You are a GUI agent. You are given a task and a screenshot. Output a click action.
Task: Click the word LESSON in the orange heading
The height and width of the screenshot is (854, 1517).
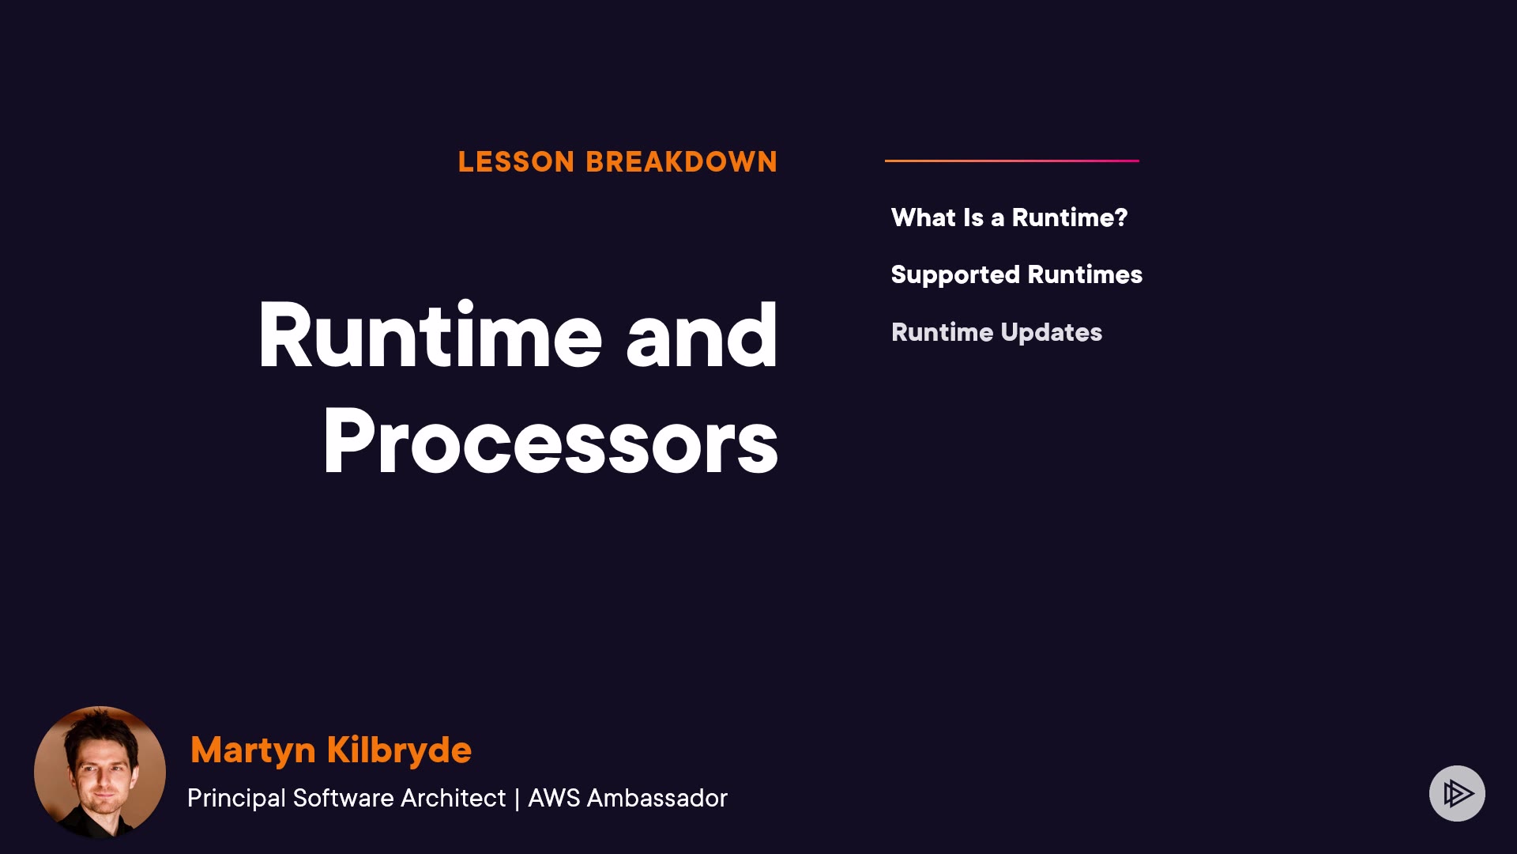click(x=516, y=162)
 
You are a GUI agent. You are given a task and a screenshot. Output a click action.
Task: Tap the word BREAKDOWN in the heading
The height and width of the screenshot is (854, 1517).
click(x=681, y=162)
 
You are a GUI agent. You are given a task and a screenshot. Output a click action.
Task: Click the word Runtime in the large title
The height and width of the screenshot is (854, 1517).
click(x=431, y=335)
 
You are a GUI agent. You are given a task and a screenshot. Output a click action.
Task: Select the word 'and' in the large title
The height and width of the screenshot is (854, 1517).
click(x=702, y=335)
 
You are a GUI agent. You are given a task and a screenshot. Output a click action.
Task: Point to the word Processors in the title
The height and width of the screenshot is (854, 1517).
click(x=551, y=440)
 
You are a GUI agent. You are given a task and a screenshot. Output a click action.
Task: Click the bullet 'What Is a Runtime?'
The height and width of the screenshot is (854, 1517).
click(x=1009, y=217)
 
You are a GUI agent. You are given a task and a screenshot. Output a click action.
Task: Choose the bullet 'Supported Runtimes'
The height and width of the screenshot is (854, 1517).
click(x=1017, y=274)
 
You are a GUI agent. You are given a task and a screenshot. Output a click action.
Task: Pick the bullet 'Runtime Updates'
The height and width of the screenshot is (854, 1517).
click(x=996, y=332)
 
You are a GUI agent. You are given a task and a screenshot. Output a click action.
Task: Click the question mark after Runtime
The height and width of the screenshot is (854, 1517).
click(x=1120, y=217)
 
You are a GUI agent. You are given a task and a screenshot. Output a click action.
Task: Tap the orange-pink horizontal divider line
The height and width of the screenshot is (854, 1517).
click(x=1012, y=161)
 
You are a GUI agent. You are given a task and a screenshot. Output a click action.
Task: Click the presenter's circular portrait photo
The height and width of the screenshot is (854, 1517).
click(x=100, y=772)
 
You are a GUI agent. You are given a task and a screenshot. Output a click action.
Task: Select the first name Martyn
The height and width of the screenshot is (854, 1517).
click(x=253, y=750)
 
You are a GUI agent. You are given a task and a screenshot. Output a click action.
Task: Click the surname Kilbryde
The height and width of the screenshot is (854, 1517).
click(x=399, y=750)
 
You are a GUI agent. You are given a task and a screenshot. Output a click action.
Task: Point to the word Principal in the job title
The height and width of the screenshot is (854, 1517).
click(x=236, y=798)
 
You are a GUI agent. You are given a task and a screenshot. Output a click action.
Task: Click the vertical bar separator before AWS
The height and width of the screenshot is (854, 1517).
click(x=517, y=799)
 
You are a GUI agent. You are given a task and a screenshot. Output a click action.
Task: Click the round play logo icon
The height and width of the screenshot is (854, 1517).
click(x=1457, y=793)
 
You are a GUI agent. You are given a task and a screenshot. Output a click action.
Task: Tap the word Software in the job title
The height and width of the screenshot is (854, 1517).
click(x=343, y=798)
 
